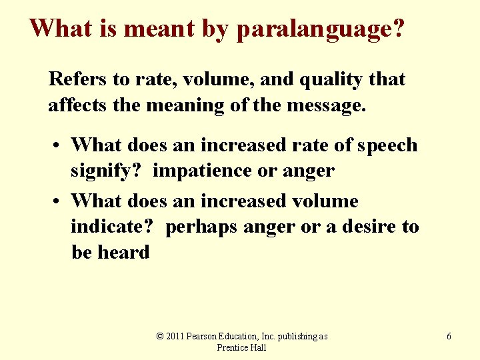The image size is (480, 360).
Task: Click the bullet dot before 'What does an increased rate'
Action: tap(59, 146)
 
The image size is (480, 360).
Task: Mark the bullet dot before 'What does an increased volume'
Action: tap(59, 201)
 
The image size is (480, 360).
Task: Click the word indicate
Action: tap(113, 227)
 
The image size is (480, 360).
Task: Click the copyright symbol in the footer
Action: tap(160, 336)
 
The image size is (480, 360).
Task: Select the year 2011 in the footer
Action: tap(177, 336)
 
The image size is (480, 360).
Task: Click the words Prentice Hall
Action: tap(241, 347)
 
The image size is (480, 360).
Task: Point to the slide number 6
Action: tap(449, 337)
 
